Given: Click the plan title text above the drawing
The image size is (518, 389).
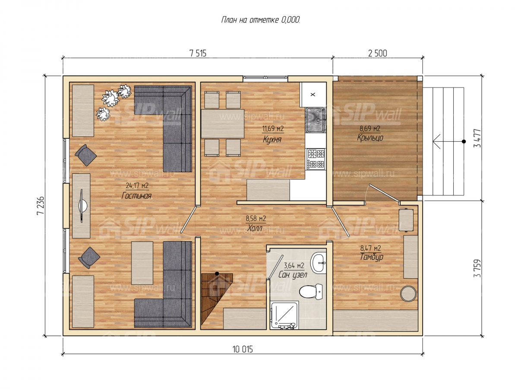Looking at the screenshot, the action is click(x=260, y=20).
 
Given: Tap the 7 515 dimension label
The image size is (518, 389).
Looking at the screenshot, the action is click(x=198, y=54).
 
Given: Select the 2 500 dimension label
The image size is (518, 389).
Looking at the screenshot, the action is click(x=378, y=53).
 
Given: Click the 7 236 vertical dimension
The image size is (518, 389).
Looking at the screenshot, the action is click(x=40, y=205).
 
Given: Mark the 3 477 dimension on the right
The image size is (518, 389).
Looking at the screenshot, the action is click(x=477, y=138).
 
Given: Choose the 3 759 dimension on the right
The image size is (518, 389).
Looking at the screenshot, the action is click(x=477, y=268).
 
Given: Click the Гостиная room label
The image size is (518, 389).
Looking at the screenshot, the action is click(x=136, y=195).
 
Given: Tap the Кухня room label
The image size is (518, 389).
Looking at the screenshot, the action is click(x=272, y=140).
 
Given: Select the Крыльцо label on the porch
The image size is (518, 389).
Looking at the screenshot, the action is click(x=370, y=138).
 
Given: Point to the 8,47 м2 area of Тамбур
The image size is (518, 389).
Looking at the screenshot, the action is click(x=370, y=248).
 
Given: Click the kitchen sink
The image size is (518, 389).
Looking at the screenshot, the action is click(x=316, y=120).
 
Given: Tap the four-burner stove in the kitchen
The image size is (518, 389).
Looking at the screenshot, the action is click(x=315, y=159).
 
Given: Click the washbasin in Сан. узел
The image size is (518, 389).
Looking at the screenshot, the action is click(x=318, y=262).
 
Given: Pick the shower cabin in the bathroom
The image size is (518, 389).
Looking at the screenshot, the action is click(x=284, y=315).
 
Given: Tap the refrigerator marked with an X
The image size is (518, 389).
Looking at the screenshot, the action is click(x=313, y=95).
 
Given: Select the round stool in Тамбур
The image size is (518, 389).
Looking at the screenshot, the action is click(x=408, y=293).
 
